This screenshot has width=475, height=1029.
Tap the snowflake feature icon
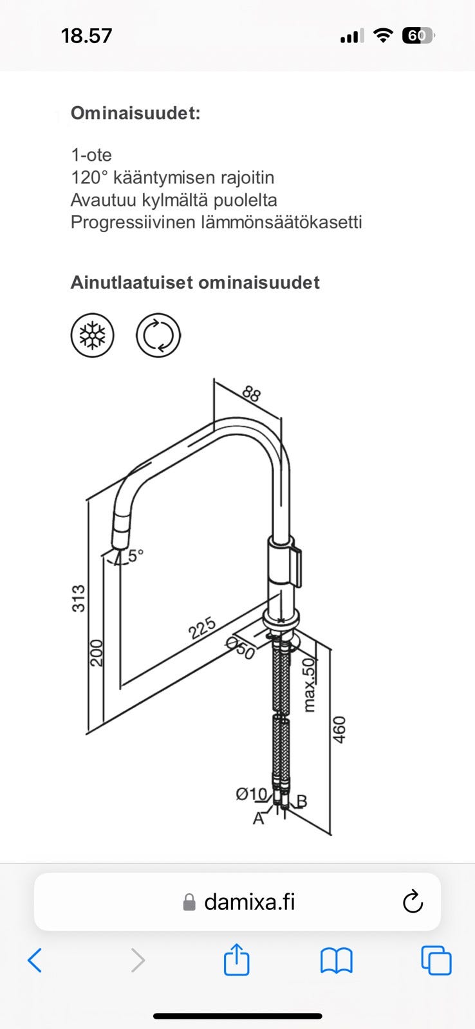(x=92, y=336)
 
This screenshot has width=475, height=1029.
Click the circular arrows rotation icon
(x=158, y=336)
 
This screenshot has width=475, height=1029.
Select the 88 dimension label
(x=252, y=394)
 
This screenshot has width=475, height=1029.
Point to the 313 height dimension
(x=78, y=598)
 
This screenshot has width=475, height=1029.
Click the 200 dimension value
(x=96, y=653)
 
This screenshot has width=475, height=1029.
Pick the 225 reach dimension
(x=202, y=628)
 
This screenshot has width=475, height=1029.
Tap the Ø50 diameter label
(x=241, y=648)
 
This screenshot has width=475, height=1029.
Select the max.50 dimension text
(x=310, y=684)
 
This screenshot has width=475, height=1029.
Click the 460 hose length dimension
(x=339, y=729)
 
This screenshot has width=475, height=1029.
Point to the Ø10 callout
(x=250, y=794)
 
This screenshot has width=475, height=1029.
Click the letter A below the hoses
(x=258, y=819)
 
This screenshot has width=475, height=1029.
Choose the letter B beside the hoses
(x=301, y=801)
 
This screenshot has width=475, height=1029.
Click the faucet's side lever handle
(x=298, y=566)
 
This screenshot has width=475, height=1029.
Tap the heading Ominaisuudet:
(x=135, y=113)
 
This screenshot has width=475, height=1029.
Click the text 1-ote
(x=91, y=155)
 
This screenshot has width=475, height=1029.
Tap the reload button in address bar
(x=413, y=902)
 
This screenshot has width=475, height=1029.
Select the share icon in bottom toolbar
(x=236, y=960)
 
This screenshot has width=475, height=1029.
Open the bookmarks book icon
(x=336, y=961)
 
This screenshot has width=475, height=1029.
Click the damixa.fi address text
(x=249, y=902)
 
